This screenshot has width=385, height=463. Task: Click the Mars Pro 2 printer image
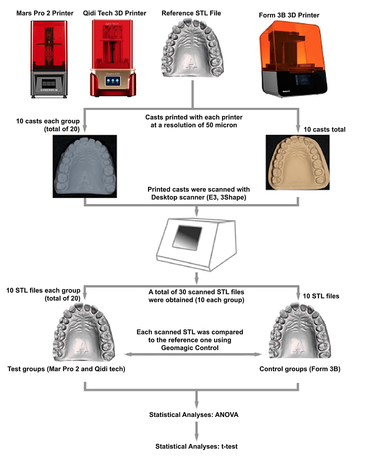click(48, 58)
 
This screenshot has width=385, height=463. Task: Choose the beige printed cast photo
click(299, 162)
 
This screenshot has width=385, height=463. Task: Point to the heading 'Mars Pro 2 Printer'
click(45, 13)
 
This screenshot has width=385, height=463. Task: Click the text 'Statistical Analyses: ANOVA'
click(194, 415)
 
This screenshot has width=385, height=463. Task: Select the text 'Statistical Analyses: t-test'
click(196, 446)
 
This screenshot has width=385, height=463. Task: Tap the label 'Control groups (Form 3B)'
click(300, 369)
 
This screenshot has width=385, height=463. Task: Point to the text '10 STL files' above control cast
click(321, 296)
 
